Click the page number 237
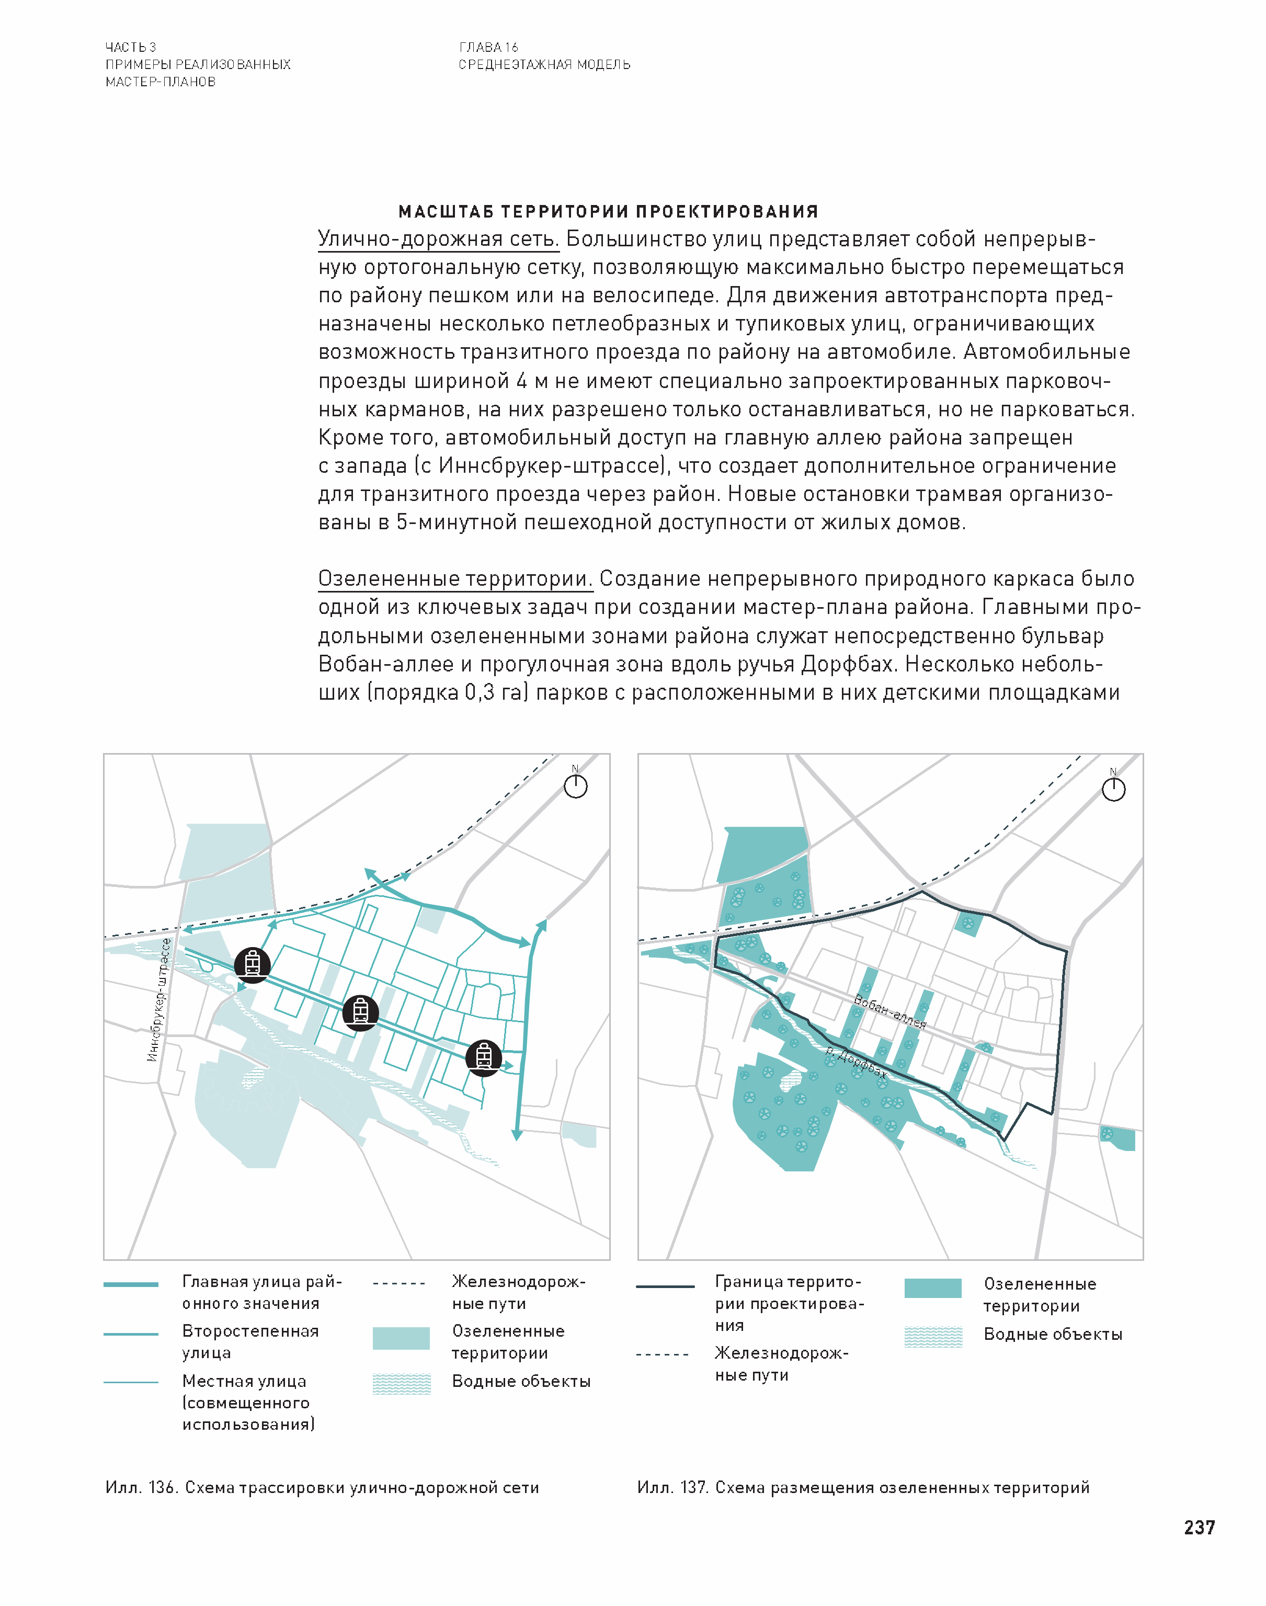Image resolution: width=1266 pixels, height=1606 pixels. [x=1199, y=1528]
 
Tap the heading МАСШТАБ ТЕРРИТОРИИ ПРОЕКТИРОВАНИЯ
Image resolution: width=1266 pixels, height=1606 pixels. [x=608, y=212]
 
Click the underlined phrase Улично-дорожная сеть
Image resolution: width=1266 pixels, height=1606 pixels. [x=438, y=240]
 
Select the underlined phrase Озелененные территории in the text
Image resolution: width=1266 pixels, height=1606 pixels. [x=455, y=579]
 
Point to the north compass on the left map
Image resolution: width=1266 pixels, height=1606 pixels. [x=575, y=785]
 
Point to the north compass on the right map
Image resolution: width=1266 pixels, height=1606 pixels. [x=1113, y=789]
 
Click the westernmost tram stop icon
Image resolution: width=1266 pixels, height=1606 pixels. [x=252, y=964]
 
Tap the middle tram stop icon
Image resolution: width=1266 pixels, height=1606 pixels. [x=361, y=1012]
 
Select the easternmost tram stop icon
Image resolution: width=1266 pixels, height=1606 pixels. [x=483, y=1057]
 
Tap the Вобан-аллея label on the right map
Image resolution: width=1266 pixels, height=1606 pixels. [x=889, y=1011]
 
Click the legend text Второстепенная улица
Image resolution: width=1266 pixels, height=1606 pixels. [x=250, y=1341]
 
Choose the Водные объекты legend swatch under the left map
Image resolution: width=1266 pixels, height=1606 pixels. [x=401, y=1384]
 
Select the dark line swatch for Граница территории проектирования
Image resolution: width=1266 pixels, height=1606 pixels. [x=665, y=1286]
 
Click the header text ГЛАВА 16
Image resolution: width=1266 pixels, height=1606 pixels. [x=488, y=48]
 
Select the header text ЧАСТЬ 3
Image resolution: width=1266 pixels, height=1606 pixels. [x=130, y=48]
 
